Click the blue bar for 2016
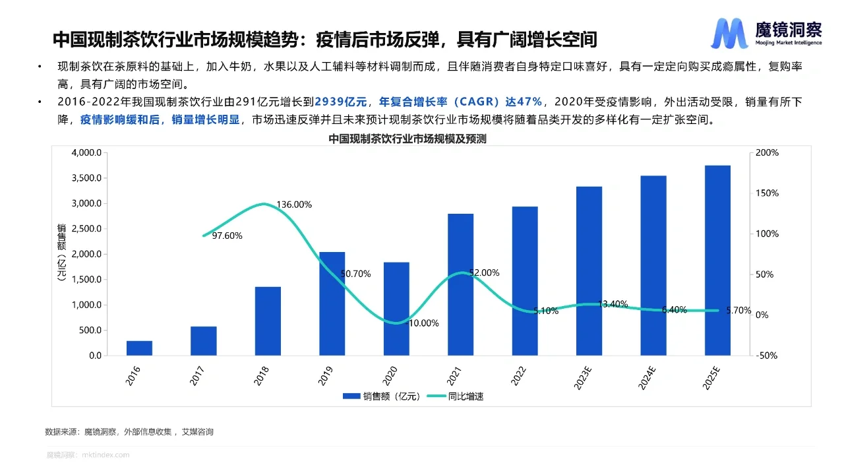(139, 348)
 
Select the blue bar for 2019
(332, 303)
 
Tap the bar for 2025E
(717, 260)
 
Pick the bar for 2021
(460, 284)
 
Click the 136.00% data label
(293, 205)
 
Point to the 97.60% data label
(227, 236)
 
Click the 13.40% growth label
(613, 304)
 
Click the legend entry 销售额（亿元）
(380, 396)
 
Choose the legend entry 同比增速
(456, 396)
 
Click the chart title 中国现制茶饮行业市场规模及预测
(407, 140)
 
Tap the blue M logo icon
(729, 34)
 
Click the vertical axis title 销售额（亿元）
(62, 253)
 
